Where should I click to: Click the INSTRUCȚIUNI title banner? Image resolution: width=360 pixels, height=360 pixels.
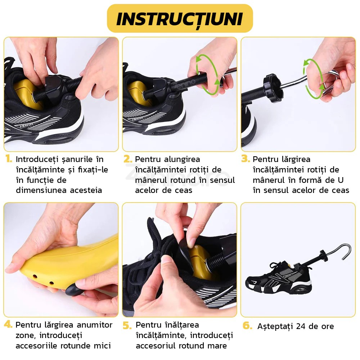point(180,18)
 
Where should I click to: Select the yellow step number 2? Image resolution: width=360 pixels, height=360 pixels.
point(128,159)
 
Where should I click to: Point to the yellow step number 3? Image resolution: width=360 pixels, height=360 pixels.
point(246,159)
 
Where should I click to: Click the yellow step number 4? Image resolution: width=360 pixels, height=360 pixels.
point(8,325)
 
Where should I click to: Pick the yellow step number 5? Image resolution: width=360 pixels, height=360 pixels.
point(127,325)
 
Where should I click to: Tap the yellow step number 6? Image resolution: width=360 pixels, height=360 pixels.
point(247,326)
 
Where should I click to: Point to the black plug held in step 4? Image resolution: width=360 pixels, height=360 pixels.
point(73,288)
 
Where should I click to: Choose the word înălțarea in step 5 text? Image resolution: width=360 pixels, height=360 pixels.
point(179,325)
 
